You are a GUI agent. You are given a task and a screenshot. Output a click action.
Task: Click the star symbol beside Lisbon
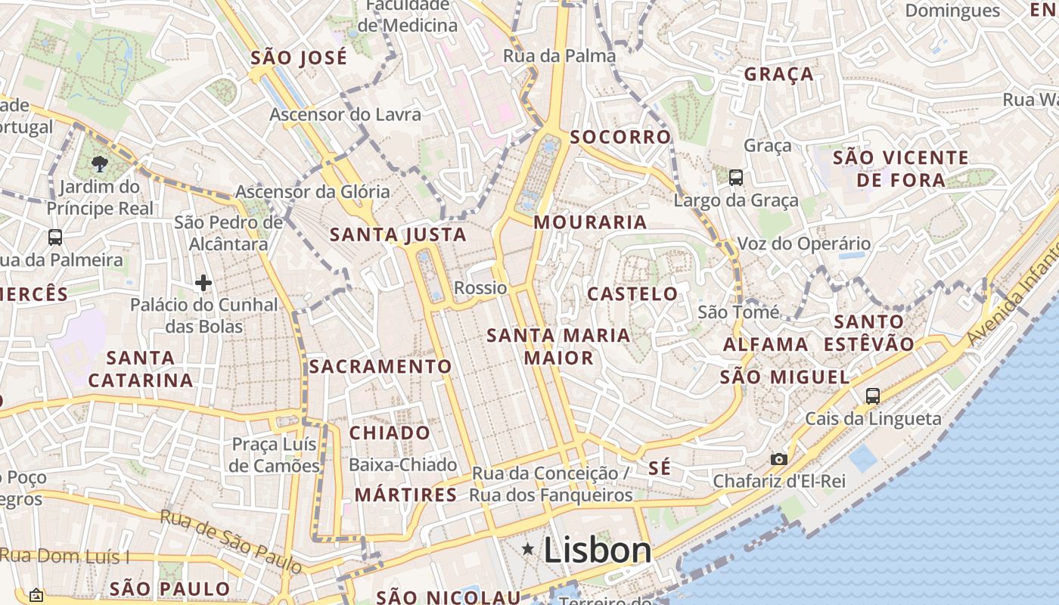[x=528, y=550]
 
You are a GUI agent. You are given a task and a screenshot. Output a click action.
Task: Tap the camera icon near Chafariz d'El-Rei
[x=778, y=459]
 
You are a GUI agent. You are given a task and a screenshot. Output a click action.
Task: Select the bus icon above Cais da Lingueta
[x=872, y=396]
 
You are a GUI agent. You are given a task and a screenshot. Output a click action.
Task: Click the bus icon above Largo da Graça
[x=735, y=178]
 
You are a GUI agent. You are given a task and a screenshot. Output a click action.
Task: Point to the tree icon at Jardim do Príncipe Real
[x=99, y=163]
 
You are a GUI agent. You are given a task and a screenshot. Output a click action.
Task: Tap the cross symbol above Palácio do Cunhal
[x=203, y=283]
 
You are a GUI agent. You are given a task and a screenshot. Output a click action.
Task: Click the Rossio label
[x=480, y=288]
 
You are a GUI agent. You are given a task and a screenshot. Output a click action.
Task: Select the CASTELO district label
[x=632, y=294]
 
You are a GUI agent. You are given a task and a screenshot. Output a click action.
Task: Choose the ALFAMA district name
[x=766, y=345]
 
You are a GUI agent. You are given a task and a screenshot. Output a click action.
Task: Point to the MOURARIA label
[x=590, y=222]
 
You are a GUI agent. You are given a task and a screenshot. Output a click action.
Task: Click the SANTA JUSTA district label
[x=398, y=235]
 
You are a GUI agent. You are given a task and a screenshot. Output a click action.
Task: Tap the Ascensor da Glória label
[x=312, y=192]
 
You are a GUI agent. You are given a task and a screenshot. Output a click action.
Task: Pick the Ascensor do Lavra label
[x=345, y=115]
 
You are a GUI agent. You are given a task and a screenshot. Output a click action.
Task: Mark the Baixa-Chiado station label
[x=402, y=465]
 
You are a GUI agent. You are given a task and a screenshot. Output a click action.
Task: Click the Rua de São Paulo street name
[x=231, y=541]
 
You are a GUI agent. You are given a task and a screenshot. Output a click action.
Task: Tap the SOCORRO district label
[x=620, y=137]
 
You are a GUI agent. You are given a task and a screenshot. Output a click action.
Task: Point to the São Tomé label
[x=738, y=312]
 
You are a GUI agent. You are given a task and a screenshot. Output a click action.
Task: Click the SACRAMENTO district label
[x=380, y=367]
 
